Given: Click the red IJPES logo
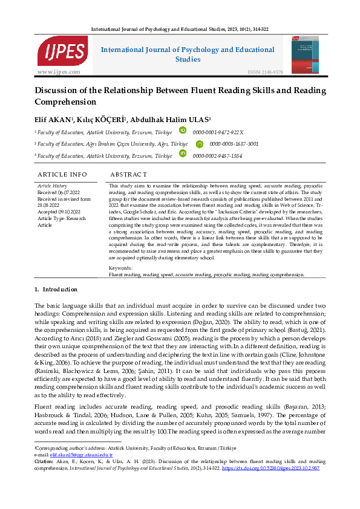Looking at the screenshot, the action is click(62, 51).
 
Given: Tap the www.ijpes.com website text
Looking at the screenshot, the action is click(59, 72).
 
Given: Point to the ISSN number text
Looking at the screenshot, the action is click(265, 72).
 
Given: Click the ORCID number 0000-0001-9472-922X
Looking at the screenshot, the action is click(218, 131).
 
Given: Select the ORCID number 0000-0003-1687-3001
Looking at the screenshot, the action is click(234, 144).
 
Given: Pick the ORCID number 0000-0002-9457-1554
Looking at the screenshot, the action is click(218, 156).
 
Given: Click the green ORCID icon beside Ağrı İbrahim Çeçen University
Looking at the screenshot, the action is click(200, 144).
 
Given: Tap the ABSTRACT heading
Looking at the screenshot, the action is click(128, 174).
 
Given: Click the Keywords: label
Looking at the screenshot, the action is click(120, 267).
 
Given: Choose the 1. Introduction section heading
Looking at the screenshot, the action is click(56, 290).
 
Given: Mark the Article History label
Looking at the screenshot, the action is click(53, 186).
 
